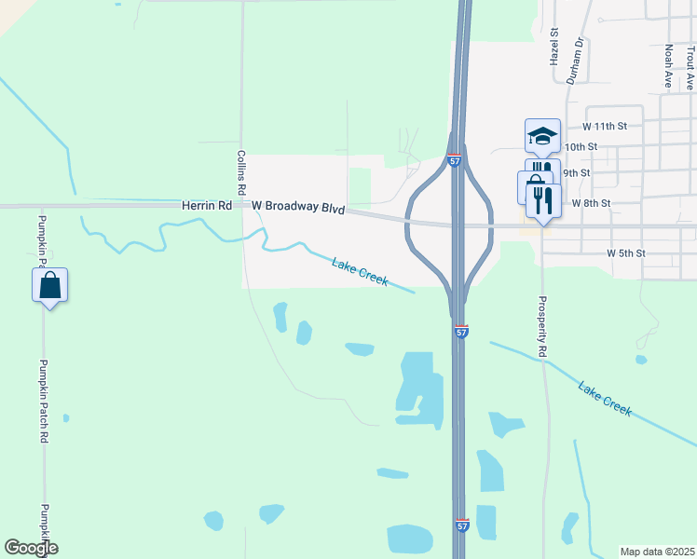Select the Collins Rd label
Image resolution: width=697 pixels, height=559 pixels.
point(240,172)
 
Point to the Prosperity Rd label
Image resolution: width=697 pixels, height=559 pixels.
point(540,327)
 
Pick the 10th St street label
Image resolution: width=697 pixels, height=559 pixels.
point(580,147)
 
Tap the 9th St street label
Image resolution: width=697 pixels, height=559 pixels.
point(577,173)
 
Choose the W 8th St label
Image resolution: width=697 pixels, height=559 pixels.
point(591,202)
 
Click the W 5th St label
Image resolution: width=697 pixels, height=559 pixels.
point(625,252)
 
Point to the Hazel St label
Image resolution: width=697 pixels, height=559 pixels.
point(553,46)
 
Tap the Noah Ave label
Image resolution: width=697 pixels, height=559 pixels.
point(668,66)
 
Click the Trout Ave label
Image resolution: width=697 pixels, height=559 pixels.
point(690,67)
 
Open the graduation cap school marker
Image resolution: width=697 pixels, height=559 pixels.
point(542,136)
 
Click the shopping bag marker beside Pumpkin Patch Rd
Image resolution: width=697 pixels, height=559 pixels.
point(50,284)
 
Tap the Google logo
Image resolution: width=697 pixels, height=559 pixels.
point(31,548)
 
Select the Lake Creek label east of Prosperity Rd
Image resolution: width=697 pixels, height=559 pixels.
point(604,398)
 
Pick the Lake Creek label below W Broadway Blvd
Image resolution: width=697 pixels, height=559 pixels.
point(360,271)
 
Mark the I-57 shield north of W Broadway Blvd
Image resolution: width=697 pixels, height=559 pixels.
point(454,161)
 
